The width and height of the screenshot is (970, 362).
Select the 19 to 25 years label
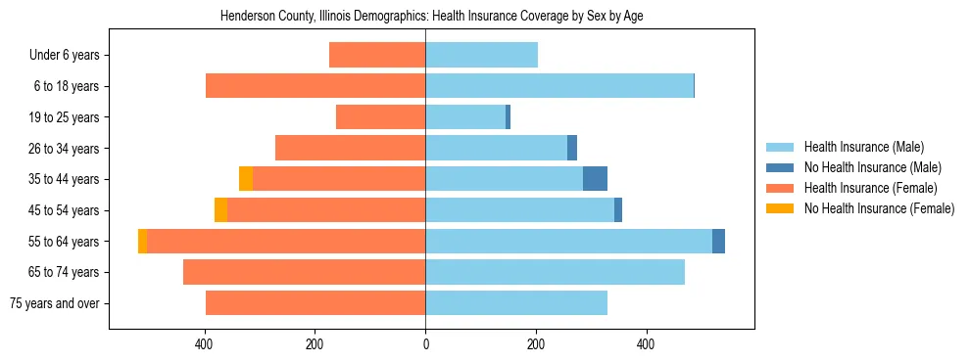point(65,117)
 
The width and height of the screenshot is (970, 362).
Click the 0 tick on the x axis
point(425,344)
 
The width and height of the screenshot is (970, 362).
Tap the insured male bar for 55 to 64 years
point(568,241)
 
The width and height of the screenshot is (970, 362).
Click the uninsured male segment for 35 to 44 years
point(595,179)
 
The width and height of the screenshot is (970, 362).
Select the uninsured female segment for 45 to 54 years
point(220,210)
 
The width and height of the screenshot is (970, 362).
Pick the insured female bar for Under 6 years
point(377,56)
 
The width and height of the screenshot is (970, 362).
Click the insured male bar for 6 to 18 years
point(558,86)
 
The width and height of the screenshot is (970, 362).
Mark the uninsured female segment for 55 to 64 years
point(143,241)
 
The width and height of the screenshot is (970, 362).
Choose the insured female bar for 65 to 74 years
point(304,272)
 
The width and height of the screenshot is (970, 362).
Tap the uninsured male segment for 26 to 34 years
point(572,148)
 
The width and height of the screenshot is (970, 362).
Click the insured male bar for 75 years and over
point(516,303)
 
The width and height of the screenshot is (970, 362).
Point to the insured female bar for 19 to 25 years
point(380,117)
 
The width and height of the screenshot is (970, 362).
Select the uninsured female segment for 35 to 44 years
point(246,179)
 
